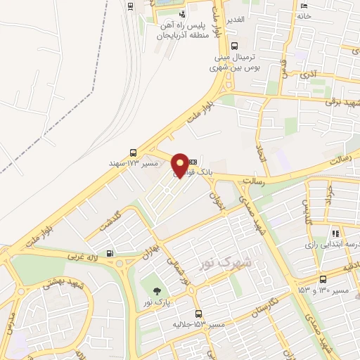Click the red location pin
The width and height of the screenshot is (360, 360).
tap(180, 165)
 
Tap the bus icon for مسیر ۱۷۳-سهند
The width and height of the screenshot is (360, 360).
tap(134, 152)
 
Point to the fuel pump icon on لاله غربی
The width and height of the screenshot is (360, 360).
tap(108, 254)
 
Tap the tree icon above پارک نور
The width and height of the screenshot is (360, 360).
tap(156, 290)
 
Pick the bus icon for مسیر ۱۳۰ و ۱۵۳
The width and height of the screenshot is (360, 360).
tap(322, 279)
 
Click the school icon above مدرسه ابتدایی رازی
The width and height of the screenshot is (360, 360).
tap(336, 233)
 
